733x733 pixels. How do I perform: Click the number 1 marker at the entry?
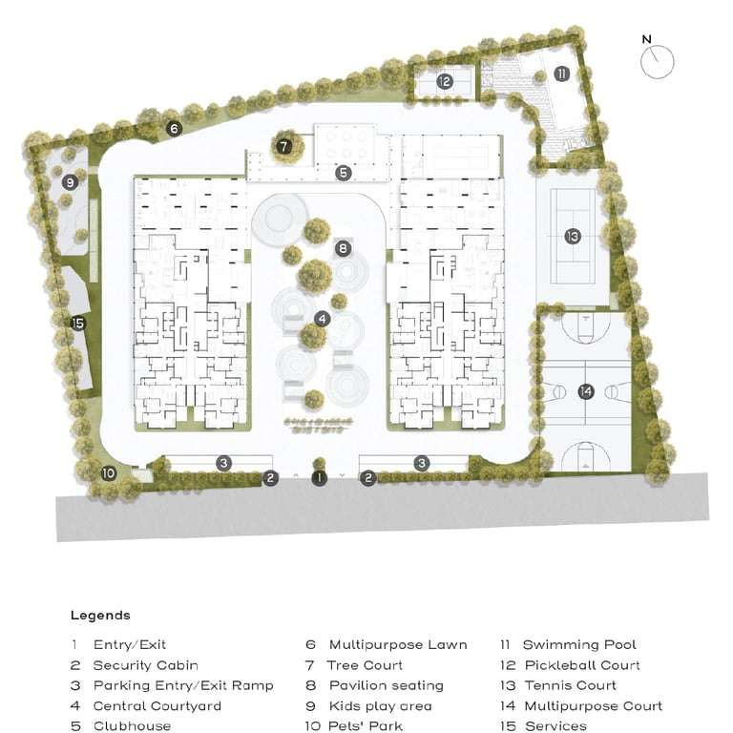click(x=320, y=478)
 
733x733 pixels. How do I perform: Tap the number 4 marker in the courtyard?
click(x=322, y=320)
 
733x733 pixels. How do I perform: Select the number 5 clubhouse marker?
click(x=344, y=173)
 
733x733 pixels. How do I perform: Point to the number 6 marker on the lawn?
click(x=175, y=129)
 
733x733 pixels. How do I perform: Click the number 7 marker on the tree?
click(x=283, y=147)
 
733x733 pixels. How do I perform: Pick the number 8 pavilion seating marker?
click(x=344, y=248)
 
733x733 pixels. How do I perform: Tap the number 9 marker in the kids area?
click(x=70, y=182)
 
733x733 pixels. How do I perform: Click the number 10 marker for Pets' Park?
click(x=109, y=473)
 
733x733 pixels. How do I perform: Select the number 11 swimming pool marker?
click(x=562, y=73)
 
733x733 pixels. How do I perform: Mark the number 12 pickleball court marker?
click(x=445, y=82)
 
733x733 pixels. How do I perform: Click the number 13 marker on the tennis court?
click(x=573, y=236)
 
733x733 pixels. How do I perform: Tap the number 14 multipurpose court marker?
click(x=586, y=391)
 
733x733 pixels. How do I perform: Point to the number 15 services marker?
click(x=78, y=323)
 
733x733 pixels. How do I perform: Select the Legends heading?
click(x=100, y=616)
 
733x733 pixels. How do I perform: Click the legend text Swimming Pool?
click(x=579, y=644)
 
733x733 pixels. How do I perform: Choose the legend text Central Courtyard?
click(x=157, y=706)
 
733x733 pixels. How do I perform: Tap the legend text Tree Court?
click(x=365, y=665)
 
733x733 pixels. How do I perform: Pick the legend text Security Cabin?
click(x=146, y=665)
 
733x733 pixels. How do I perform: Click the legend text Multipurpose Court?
click(x=594, y=706)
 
